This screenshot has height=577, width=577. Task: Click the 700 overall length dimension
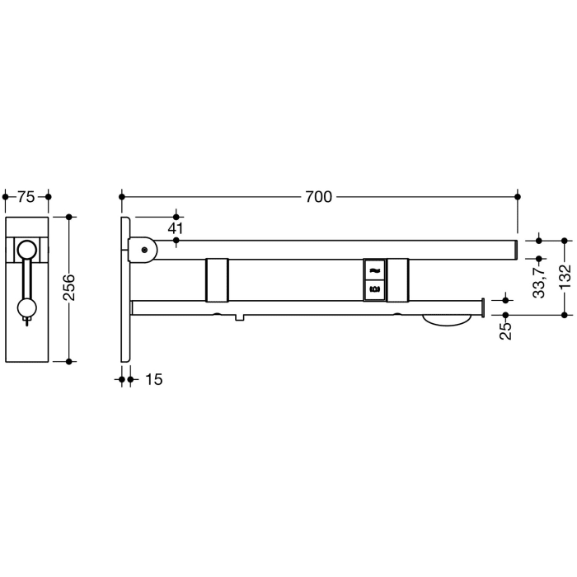click(x=318, y=197)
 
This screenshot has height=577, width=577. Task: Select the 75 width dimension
click(x=26, y=197)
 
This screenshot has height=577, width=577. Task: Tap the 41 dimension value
click(x=176, y=228)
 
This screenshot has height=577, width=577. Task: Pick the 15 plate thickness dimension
click(x=153, y=379)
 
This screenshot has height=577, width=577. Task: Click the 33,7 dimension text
click(x=538, y=280)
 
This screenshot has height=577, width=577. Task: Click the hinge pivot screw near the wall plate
click(x=145, y=249)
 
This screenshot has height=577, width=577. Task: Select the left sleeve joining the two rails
click(x=216, y=279)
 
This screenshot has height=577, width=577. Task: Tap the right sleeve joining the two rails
click(x=397, y=279)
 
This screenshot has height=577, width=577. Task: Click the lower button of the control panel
click(x=374, y=289)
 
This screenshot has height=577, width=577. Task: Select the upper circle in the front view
click(x=27, y=249)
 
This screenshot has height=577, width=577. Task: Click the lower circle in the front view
click(x=27, y=309)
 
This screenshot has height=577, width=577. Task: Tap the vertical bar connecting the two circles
click(x=27, y=280)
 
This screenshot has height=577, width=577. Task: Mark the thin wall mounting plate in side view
click(x=124, y=288)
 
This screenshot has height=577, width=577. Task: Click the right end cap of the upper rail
click(x=514, y=249)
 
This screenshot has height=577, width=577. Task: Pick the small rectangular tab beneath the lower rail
click(x=238, y=317)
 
